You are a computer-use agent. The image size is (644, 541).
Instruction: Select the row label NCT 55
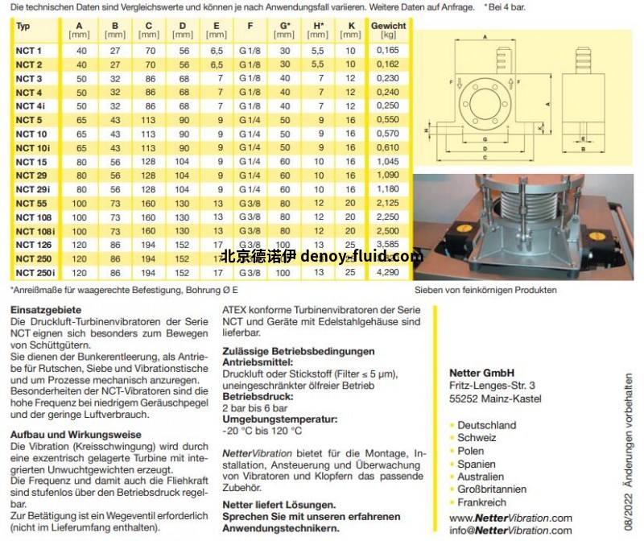point(31,204)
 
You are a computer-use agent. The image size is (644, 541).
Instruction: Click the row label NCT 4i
point(31,106)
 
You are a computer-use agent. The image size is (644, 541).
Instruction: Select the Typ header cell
point(23,26)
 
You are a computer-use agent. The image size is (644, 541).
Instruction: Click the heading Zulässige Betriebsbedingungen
point(298,351)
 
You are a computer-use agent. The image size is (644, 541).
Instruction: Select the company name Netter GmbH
point(481,373)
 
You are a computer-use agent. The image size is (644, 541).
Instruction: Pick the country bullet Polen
point(473,451)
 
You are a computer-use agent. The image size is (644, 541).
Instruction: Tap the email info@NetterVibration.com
point(510,530)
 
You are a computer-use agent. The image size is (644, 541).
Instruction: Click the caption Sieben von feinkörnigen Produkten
point(485,290)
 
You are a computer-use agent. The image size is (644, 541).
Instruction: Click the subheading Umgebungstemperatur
point(279,419)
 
